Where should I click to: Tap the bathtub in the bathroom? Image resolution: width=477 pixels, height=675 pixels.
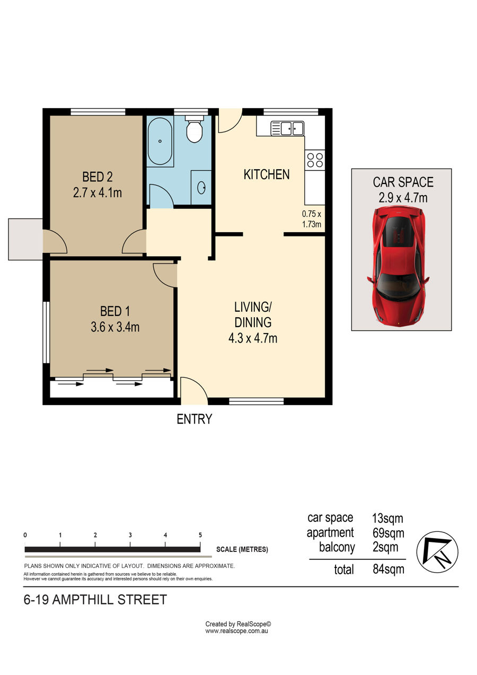pyautogui.click(x=160, y=141)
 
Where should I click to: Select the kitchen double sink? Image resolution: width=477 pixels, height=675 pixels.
pyautogui.click(x=287, y=128)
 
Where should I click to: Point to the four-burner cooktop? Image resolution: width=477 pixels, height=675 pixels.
pyautogui.click(x=315, y=160)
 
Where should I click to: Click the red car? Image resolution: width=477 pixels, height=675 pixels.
pyautogui.click(x=398, y=267)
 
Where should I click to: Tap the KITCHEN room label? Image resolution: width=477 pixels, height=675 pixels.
pyautogui.click(x=267, y=174)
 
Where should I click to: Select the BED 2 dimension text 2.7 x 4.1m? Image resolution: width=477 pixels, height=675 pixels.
pyautogui.click(x=98, y=193)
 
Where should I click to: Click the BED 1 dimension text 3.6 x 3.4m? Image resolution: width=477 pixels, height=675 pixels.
pyautogui.click(x=115, y=327)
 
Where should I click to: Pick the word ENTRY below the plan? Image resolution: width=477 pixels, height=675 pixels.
pyautogui.click(x=194, y=419)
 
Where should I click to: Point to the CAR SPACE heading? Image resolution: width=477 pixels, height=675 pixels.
pyautogui.click(x=403, y=182)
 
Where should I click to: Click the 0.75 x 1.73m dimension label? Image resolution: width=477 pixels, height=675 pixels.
pyautogui.click(x=312, y=219)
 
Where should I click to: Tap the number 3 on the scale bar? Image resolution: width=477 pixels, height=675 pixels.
pyautogui.click(x=130, y=535)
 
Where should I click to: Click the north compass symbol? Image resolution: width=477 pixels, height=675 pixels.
pyautogui.click(x=437, y=552)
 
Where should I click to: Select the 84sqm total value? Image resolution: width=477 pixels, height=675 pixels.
pyautogui.click(x=388, y=569)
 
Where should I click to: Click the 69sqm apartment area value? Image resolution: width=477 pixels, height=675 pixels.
pyautogui.click(x=388, y=533)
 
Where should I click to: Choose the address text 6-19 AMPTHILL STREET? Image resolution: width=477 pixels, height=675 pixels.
pyautogui.click(x=95, y=599)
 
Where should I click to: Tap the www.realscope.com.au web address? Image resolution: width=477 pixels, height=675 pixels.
pyautogui.click(x=237, y=630)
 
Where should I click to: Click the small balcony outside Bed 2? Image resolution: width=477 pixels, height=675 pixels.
pyautogui.click(x=25, y=239)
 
